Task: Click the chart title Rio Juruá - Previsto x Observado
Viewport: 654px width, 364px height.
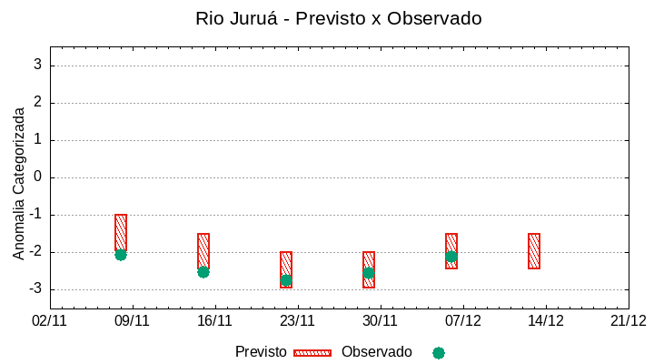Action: tap(338, 18)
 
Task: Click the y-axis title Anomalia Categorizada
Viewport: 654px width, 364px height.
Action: tap(19, 183)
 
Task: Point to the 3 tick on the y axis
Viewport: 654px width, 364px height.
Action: tap(37, 66)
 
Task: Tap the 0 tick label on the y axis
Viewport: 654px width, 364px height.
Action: tap(37, 177)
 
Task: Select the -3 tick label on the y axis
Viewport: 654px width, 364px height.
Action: tap(35, 289)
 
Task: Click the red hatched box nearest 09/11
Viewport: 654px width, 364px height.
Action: tap(121, 233)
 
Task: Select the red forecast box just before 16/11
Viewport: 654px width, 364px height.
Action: tap(203, 251)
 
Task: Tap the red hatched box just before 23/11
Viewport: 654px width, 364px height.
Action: tap(286, 269)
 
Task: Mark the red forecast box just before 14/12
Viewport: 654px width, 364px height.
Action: tap(534, 251)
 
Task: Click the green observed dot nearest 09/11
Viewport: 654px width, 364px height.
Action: tap(121, 255)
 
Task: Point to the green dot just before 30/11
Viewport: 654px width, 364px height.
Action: tap(369, 273)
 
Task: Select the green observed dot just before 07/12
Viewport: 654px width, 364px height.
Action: tap(451, 257)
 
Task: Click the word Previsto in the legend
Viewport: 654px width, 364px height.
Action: tap(261, 352)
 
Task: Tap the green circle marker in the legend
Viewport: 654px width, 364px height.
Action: tap(439, 353)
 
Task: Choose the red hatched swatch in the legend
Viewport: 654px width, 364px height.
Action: tap(312, 353)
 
